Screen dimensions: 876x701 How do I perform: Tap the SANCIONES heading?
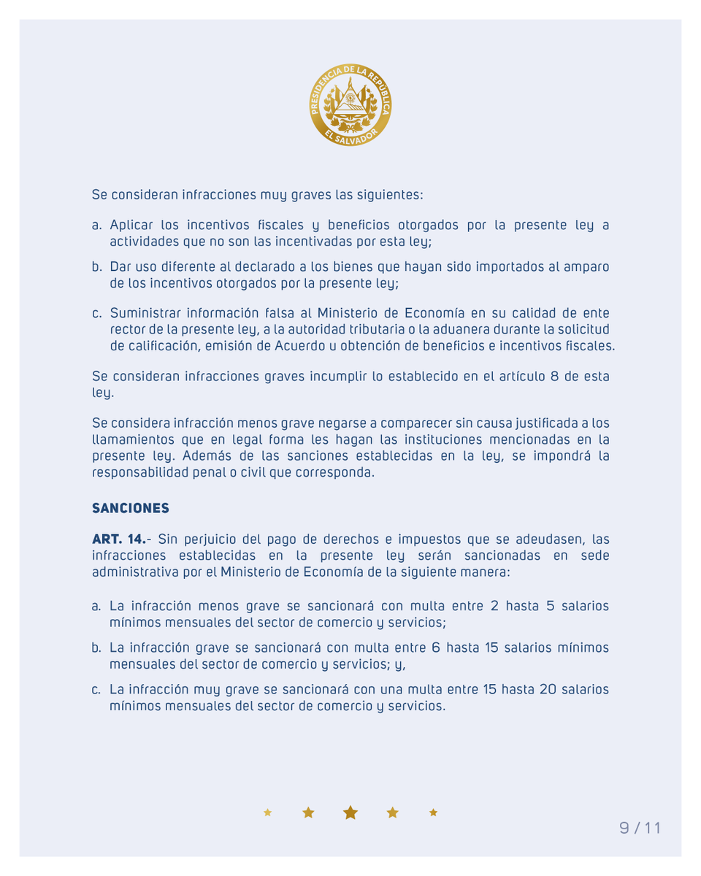coord(130,507)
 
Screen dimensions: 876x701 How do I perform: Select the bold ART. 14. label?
coord(118,539)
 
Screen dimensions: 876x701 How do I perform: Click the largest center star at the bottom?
coord(351,812)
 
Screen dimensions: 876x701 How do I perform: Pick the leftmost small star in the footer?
coord(268,812)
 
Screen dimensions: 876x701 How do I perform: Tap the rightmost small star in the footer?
coord(434,812)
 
